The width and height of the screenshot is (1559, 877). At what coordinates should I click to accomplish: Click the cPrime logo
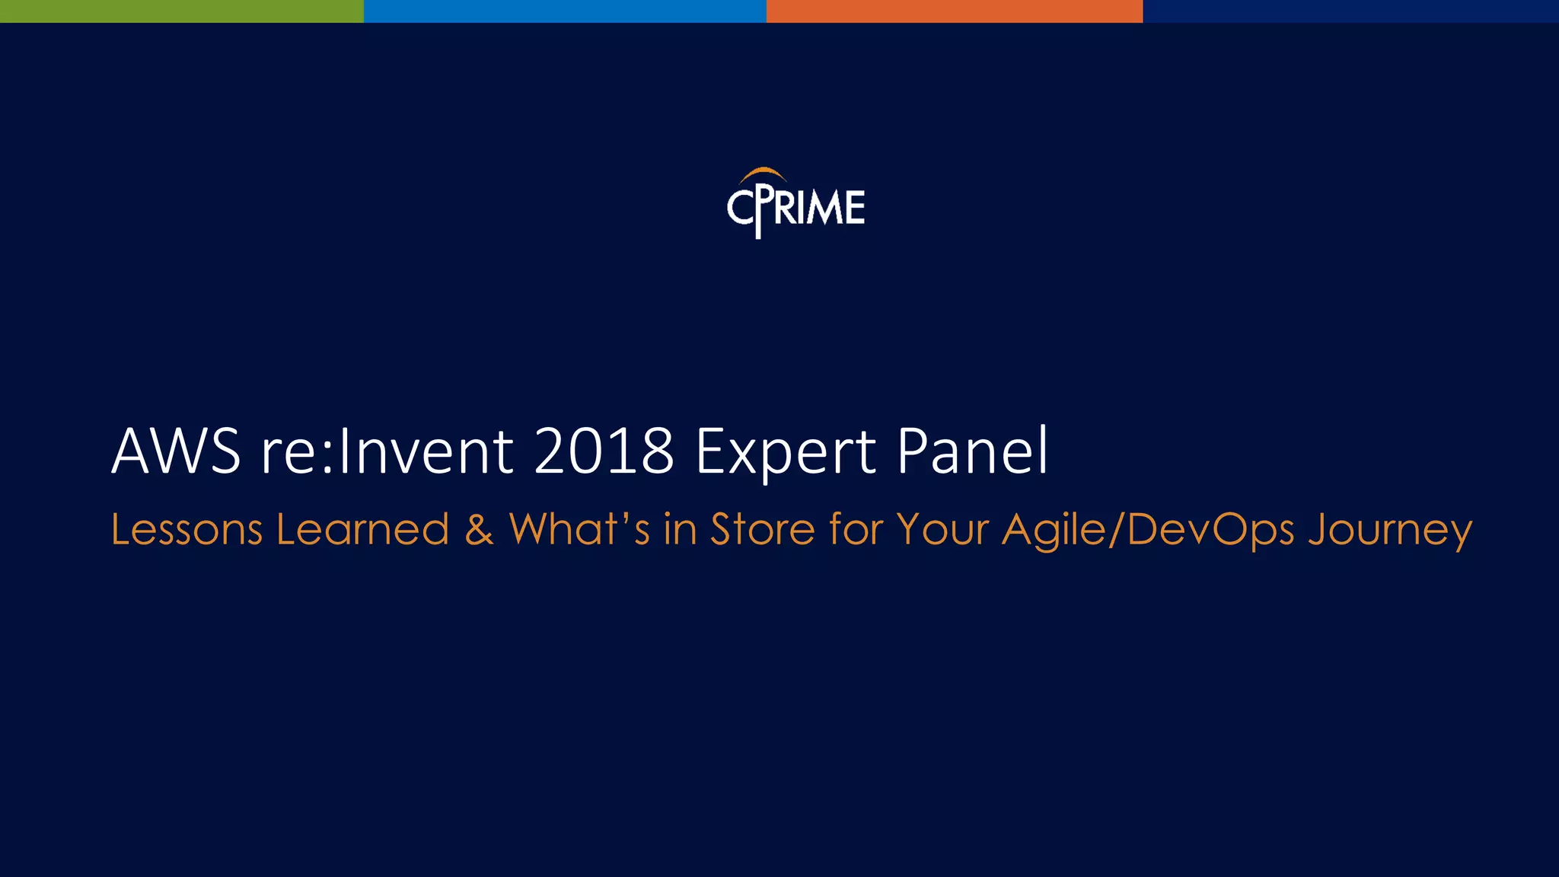[796, 204]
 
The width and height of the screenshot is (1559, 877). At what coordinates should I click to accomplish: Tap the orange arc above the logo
[763, 174]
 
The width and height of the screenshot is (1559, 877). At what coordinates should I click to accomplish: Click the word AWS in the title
[176, 451]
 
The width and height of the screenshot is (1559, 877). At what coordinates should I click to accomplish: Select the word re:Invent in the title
[387, 451]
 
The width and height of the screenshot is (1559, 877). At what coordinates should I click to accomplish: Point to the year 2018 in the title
[604, 451]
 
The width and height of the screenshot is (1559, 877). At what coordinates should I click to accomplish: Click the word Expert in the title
[786, 453]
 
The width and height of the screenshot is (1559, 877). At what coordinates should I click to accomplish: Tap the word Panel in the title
[972, 451]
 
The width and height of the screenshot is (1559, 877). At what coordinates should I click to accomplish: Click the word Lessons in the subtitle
[187, 530]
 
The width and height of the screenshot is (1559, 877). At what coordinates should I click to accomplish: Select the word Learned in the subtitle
[362, 530]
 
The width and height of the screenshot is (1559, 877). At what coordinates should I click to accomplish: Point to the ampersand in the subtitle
[479, 530]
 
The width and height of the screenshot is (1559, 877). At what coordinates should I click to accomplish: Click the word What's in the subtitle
[579, 530]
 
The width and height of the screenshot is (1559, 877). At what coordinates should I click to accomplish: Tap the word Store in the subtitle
[762, 530]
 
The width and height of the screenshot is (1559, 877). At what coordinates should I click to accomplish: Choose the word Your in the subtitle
[942, 530]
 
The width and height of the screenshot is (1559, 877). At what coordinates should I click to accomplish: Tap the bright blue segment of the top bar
[565, 11]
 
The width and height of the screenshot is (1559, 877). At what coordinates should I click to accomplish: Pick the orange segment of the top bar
[955, 11]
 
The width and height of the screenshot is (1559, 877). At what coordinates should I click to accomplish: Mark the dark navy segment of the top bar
[1350, 11]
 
